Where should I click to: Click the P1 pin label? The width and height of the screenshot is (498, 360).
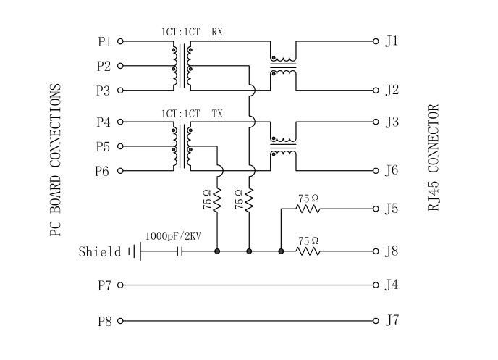[105, 42]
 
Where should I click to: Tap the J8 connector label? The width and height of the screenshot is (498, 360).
[392, 252]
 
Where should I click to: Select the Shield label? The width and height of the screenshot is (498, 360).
[100, 252]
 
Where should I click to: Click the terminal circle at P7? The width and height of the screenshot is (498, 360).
[120, 285]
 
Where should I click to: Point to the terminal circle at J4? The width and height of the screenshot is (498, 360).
[376, 285]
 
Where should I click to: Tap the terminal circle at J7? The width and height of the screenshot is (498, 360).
[376, 320]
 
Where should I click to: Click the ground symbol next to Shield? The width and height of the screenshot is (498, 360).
[133, 251]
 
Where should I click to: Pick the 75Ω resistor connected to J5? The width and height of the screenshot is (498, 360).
[309, 209]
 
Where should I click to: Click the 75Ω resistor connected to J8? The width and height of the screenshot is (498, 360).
[309, 251]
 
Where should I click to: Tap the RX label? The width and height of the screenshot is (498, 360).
[217, 33]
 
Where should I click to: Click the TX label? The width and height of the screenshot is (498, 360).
[217, 114]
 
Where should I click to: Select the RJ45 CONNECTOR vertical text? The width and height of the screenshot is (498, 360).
[433, 158]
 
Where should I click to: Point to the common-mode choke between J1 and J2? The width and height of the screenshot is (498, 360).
[283, 66]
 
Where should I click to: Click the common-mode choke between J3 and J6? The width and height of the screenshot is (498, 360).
[283, 146]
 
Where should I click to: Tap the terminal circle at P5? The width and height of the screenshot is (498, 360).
[120, 146]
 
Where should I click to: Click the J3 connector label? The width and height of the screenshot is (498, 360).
[392, 122]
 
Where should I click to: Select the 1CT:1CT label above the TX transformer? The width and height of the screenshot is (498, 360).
[180, 114]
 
